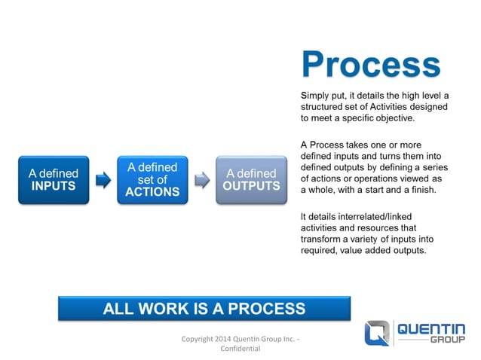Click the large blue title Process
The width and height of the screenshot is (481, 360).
(370, 66)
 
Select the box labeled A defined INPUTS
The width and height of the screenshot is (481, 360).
(53, 179)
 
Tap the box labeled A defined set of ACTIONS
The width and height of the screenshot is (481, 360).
(152, 179)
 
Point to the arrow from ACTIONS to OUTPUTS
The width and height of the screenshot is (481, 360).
(201, 179)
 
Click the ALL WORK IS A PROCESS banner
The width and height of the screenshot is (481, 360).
(204, 309)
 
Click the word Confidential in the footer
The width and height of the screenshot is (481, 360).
(240, 349)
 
